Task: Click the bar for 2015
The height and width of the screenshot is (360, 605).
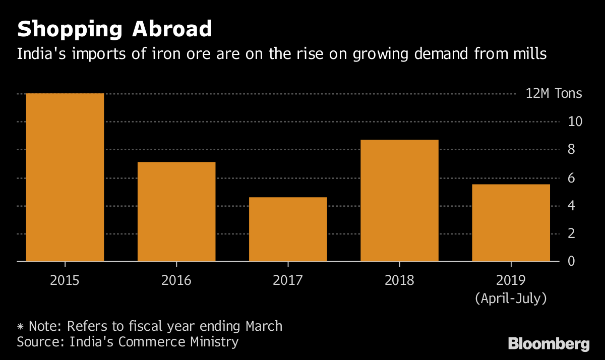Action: [x=65, y=177]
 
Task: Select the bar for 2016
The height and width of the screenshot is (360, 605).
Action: [x=176, y=212]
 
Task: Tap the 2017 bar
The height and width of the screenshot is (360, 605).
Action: [x=288, y=229]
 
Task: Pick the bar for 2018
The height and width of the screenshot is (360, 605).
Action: [x=399, y=201]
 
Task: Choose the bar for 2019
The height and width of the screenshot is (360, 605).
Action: [x=511, y=223]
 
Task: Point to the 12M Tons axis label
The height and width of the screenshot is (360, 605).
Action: [x=554, y=94]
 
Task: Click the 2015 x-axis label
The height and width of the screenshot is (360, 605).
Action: [x=65, y=280]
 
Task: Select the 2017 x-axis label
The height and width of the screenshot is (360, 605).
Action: [x=288, y=280]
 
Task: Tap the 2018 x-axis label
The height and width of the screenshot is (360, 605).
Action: [x=399, y=280]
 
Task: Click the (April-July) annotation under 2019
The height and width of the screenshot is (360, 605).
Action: [x=511, y=298]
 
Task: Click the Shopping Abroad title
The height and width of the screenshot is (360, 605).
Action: [x=114, y=29]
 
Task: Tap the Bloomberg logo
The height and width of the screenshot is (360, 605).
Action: [x=549, y=344]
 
